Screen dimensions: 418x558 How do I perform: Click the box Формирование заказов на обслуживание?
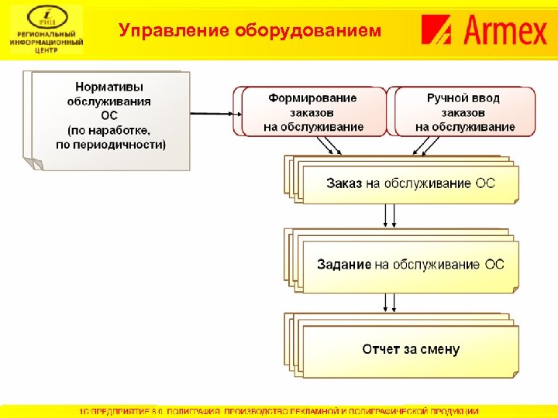click(x=313, y=112)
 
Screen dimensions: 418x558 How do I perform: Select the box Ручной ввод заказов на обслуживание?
click(x=464, y=112)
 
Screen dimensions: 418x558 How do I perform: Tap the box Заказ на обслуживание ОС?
click(x=409, y=184)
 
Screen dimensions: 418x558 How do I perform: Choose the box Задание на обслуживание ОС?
click(x=409, y=265)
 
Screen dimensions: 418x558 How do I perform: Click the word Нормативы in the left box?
click(x=109, y=87)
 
